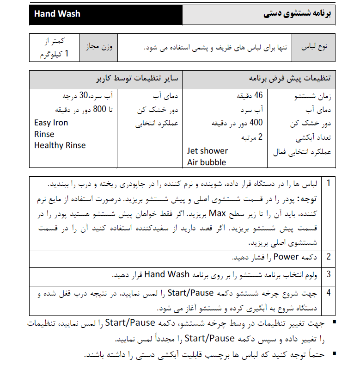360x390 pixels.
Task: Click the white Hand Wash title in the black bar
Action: pyautogui.click(x=57, y=14)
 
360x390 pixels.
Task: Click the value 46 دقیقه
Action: pyautogui.click(x=252, y=96)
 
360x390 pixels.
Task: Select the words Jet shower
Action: pyautogui.click(x=207, y=151)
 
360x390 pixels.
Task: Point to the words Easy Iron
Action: pyautogui.click(x=51, y=123)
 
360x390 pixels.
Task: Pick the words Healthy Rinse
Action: pyautogui.click(x=60, y=145)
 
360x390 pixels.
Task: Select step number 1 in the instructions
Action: pyautogui.click(x=329, y=183)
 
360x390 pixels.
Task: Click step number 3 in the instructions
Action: pyautogui.click(x=329, y=274)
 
